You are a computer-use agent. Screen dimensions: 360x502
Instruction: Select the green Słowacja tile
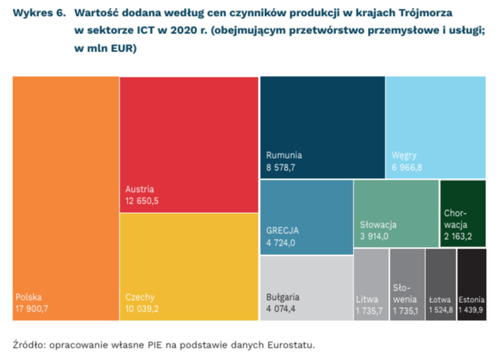396,214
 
